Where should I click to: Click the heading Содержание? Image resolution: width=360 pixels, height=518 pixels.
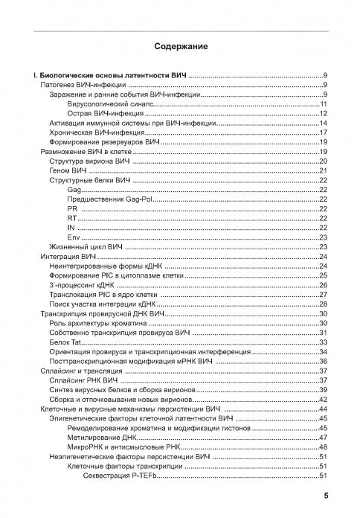tap(181, 47)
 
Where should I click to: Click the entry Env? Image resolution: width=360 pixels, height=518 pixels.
tap(73, 237)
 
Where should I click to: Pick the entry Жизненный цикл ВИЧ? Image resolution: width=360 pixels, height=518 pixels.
tap(85, 246)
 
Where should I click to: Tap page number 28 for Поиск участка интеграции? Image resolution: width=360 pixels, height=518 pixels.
tap(324, 304)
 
